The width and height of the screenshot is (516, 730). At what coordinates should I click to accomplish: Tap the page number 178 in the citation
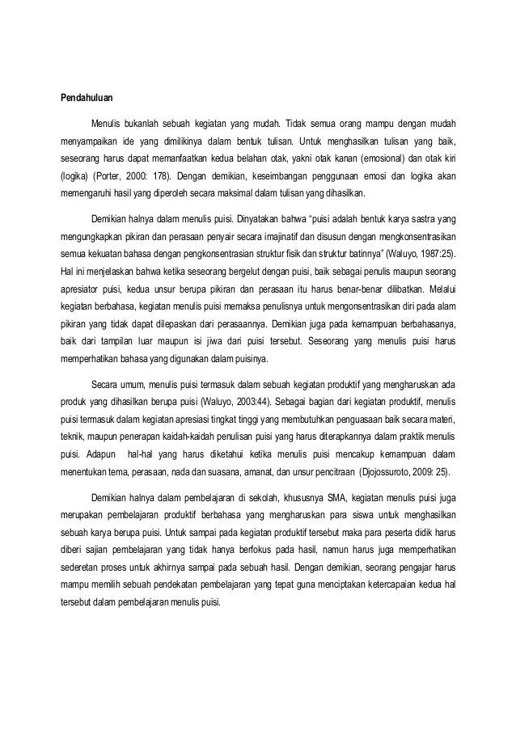click(x=157, y=175)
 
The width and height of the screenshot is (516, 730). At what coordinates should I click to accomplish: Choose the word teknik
click(x=74, y=437)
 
